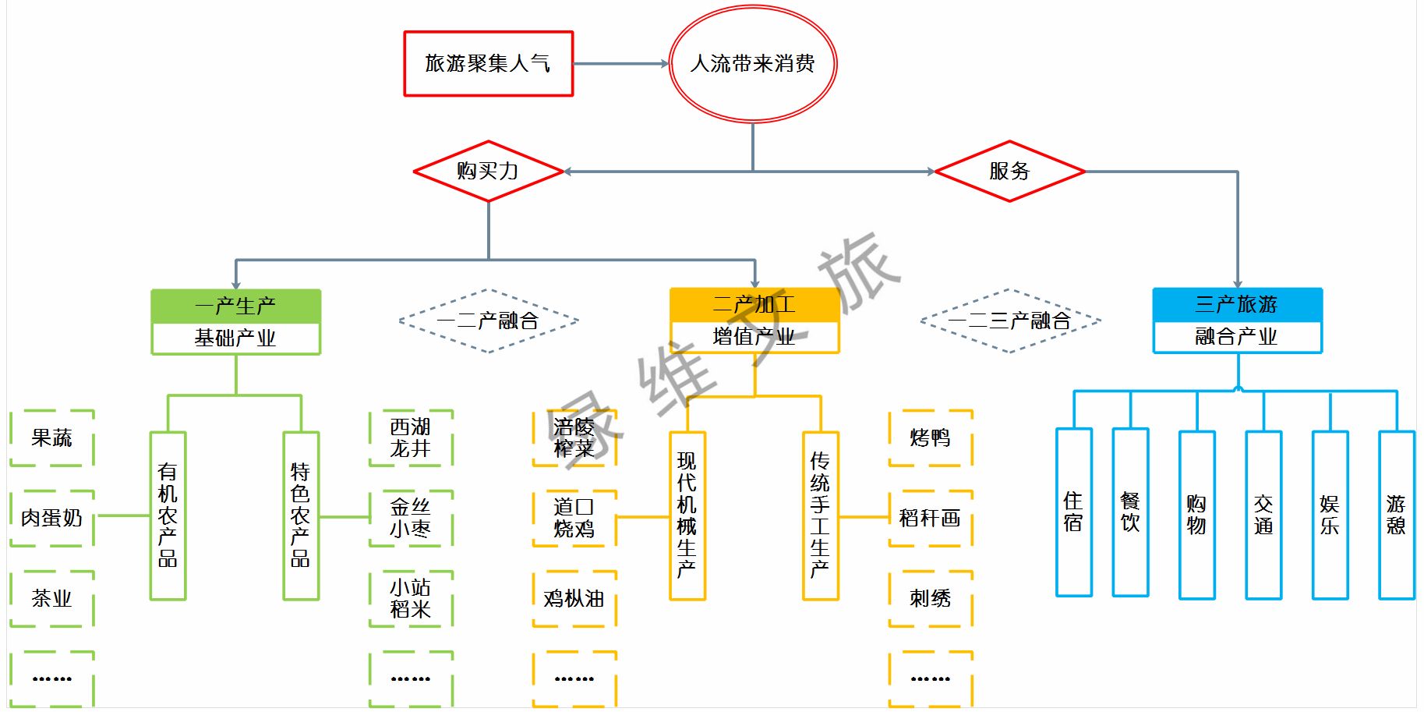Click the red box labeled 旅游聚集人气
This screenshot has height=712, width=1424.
pos(488,64)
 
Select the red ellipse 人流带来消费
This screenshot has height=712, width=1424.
pos(752,64)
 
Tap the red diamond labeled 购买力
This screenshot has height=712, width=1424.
pos(488,172)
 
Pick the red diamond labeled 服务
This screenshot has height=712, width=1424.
pos(1009,172)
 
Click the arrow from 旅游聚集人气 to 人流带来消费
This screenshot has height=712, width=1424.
pos(620,64)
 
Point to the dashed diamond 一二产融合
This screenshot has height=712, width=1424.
pos(488,321)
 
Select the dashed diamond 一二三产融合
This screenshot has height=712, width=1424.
pos(1009,321)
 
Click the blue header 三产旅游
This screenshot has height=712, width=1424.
pos(1237,304)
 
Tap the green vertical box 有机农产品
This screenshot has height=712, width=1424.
pos(168,515)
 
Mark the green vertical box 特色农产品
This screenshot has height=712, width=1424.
pos(301,515)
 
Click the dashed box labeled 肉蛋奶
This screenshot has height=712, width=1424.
pos(52,518)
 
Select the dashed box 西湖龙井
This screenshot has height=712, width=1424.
pos(411,438)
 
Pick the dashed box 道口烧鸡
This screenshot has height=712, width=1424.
pos(574,518)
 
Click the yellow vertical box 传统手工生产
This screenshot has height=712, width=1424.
pos(820,515)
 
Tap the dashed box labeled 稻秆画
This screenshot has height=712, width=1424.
pos(930,518)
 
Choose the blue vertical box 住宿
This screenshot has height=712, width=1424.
pos(1073,512)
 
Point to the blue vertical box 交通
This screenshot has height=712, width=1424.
pos(1263,515)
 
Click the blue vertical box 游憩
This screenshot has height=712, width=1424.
pos(1396,515)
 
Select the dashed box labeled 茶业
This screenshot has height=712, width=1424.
pos(52,598)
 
